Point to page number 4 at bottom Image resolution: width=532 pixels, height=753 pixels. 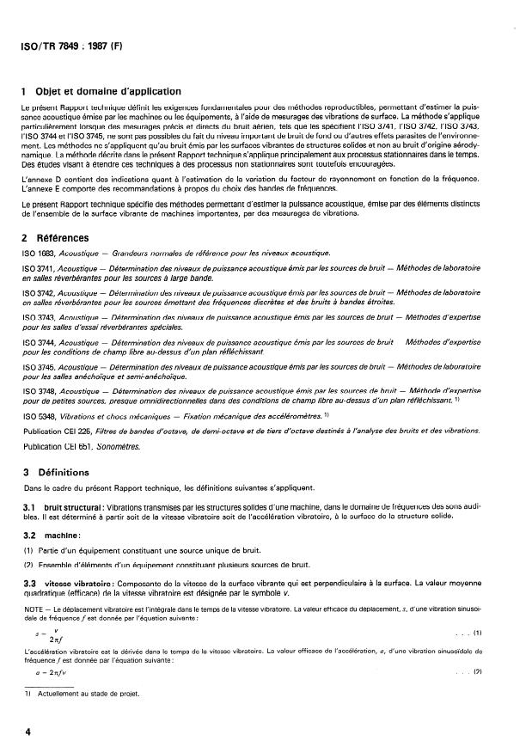pos(28,731)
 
